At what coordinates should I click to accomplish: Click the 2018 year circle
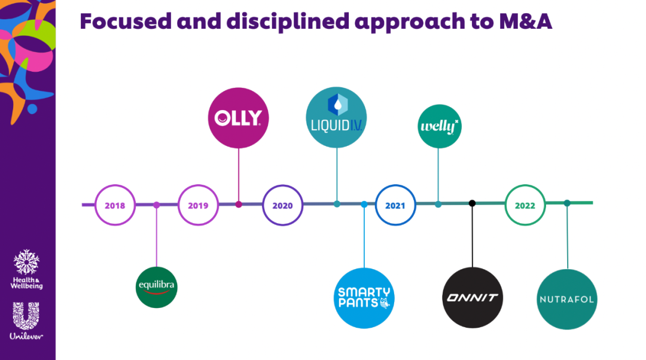tap(115, 205)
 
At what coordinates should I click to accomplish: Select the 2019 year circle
tap(198, 205)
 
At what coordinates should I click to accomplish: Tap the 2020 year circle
tap(282, 205)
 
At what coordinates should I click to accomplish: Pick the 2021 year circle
tap(395, 205)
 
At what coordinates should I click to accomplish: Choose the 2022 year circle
tap(525, 205)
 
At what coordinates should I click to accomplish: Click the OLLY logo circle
tap(239, 117)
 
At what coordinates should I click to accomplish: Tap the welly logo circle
tap(439, 126)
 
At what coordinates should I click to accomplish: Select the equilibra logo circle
tap(157, 287)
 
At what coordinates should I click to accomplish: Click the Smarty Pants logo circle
tap(364, 297)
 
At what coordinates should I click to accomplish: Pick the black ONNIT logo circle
tap(473, 297)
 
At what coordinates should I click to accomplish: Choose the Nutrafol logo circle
tap(567, 299)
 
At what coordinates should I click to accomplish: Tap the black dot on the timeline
tap(472, 203)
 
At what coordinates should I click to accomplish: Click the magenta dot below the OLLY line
tap(239, 205)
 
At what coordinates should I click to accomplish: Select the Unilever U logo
tap(26, 317)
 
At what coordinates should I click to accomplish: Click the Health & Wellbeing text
tap(27, 282)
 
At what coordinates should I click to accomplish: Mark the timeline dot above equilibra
tap(157, 205)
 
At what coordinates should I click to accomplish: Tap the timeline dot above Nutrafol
tap(567, 203)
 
